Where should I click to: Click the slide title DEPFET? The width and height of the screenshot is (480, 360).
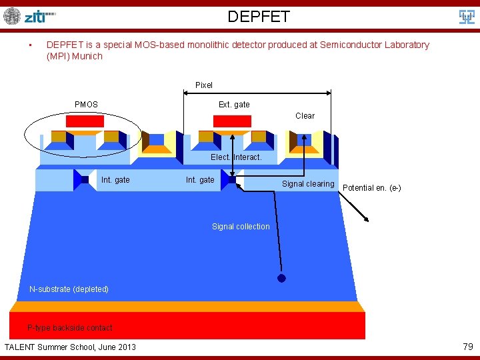(x=259, y=17)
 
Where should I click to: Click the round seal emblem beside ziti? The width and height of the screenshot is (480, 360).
(x=12, y=16)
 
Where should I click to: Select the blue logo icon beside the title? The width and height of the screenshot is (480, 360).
(x=467, y=17)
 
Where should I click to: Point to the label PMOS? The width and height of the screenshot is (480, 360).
(x=86, y=105)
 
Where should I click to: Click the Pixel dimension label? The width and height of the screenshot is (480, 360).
(x=204, y=85)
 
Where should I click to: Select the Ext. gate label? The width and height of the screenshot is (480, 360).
(x=234, y=105)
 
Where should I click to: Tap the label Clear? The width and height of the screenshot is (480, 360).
(x=305, y=116)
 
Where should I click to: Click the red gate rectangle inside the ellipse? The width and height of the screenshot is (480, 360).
(x=85, y=121)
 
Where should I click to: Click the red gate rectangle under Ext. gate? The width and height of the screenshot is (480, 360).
(x=231, y=121)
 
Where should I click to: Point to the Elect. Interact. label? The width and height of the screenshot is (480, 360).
(x=236, y=157)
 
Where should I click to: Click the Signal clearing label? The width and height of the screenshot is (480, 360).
(x=308, y=184)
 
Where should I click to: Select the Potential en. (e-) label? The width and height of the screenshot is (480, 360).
(x=371, y=188)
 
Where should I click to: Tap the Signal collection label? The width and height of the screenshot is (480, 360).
(x=241, y=227)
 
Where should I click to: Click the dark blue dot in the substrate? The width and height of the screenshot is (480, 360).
(x=281, y=279)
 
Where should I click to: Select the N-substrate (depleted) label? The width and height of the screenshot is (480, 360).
(x=69, y=289)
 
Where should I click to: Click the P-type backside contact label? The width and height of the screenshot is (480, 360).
(x=70, y=328)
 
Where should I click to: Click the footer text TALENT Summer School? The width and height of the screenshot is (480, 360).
(x=70, y=347)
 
